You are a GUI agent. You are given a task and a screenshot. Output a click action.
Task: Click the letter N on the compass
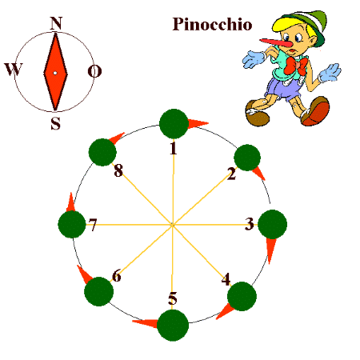(56, 23)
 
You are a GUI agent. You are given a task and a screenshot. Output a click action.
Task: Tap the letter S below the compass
(55, 123)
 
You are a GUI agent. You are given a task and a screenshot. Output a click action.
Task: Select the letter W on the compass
(14, 70)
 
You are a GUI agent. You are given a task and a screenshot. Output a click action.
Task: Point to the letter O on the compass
(94, 71)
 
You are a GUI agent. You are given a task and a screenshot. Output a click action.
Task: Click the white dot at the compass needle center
(55, 73)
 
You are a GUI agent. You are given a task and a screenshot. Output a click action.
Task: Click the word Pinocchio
(212, 24)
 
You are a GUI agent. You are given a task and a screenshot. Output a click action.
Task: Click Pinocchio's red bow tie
(295, 66)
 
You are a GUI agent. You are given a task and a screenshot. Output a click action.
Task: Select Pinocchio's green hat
(304, 26)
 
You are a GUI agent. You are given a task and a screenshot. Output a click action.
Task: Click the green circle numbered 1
(174, 124)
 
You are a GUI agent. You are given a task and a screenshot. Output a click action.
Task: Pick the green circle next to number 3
(272, 224)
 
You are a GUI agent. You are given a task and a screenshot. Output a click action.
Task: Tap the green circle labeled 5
(173, 325)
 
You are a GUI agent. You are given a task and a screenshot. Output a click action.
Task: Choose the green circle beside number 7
(72, 224)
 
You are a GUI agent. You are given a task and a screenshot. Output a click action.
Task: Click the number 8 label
(118, 170)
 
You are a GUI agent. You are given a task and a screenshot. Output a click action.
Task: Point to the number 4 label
(226, 279)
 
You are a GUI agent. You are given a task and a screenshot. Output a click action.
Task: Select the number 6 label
(117, 276)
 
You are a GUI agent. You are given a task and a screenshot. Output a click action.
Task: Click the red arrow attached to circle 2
(258, 174)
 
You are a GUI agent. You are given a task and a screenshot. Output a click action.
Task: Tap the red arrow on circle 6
(84, 274)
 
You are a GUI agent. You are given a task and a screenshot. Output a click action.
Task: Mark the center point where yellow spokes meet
(172, 225)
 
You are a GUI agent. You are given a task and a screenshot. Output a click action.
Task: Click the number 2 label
(232, 174)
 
